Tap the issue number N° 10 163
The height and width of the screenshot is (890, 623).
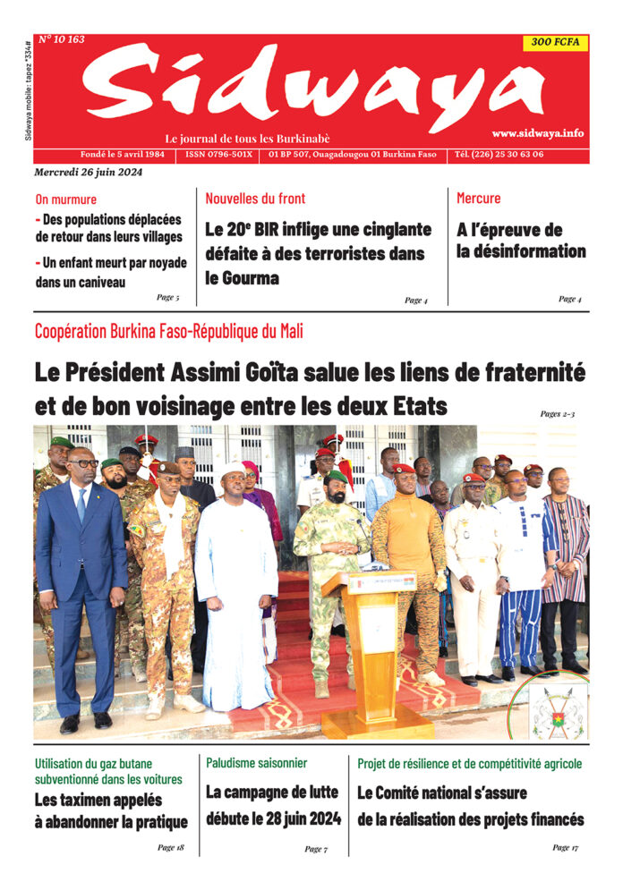point(62,39)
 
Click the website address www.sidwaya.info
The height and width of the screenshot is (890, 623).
point(537,133)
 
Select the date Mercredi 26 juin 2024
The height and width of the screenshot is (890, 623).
point(88,172)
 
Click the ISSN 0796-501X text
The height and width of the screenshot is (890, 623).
point(218,155)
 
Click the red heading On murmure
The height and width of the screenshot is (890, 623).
point(66,199)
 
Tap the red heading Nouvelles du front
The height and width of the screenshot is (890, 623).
point(255,199)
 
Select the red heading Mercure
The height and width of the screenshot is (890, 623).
point(479,198)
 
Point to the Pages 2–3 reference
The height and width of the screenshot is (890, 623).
point(558,413)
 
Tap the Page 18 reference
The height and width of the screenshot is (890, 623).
point(170,846)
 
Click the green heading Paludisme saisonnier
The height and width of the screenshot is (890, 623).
point(256,763)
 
